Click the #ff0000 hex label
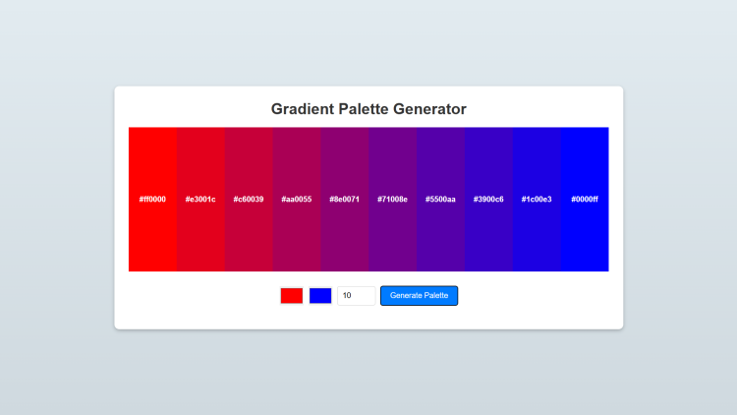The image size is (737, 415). click(x=152, y=200)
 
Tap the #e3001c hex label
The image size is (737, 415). click(x=200, y=200)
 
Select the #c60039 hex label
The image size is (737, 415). click(x=249, y=200)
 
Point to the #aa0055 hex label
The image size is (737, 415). click(x=297, y=200)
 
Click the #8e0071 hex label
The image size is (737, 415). click(x=345, y=200)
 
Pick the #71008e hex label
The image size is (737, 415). click(x=392, y=200)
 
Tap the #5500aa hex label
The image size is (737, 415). click(x=440, y=200)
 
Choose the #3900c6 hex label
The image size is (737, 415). click(x=488, y=200)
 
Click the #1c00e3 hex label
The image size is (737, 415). click(x=537, y=200)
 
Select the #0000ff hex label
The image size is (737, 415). click(x=585, y=200)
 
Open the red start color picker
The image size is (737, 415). click(x=292, y=296)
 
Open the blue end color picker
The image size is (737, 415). click(x=320, y=296)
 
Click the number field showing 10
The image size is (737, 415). click(x=357, y=296)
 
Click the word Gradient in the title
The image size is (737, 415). click(x=303, y=109)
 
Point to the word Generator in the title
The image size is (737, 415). click(x=429, y=109)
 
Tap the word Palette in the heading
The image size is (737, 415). click(x=364, y=109)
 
